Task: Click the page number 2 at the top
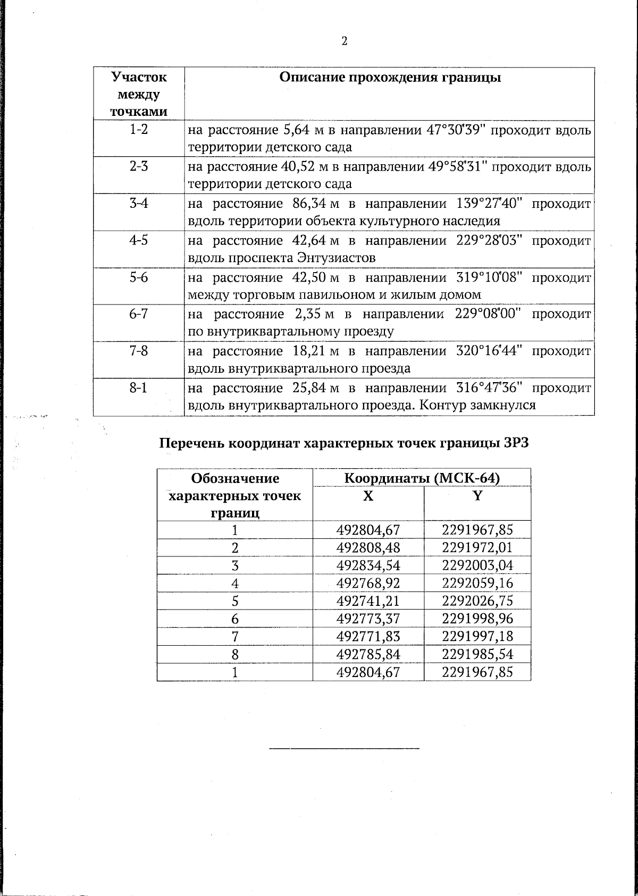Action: [x=344, y=41]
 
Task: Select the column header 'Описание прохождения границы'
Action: [x=390, y=78]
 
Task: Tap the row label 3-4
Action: [x=139, y=203]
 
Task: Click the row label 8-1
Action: [x=139, y=387]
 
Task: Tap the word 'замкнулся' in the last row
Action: [x=503, y=405]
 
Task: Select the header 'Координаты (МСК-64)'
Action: [x=422, y=478]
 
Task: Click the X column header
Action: [x=368, y=495]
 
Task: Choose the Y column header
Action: [x=477, y=495]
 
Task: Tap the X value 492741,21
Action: [x=368, y=601]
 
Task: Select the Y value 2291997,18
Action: [x=477, y=636]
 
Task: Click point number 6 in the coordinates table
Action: [x=234, y=619]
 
